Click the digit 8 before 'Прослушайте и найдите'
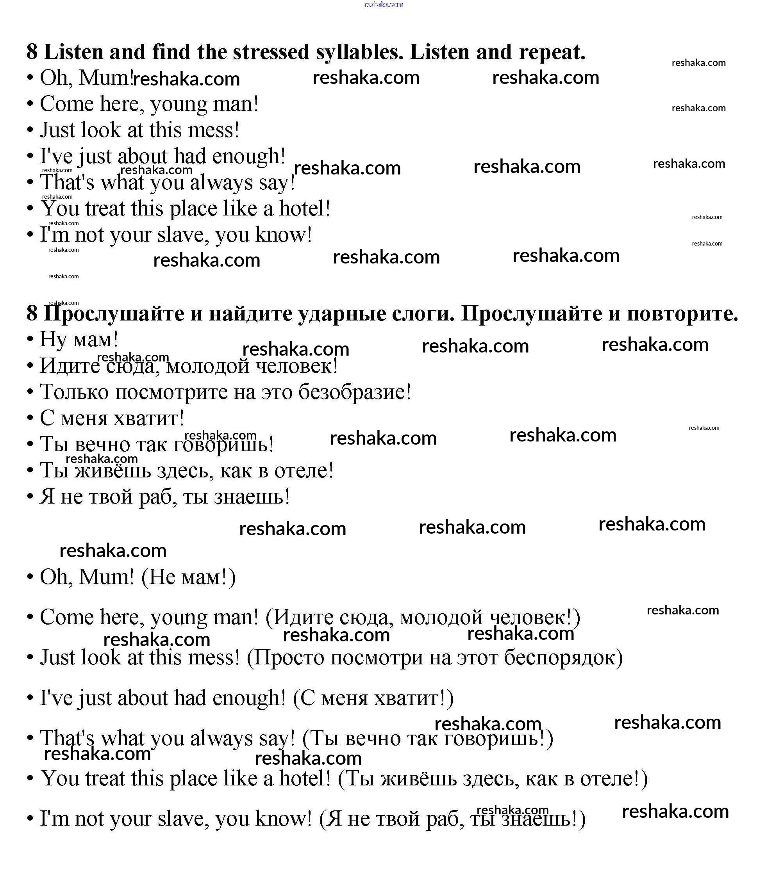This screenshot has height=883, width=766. [x=32, y=313]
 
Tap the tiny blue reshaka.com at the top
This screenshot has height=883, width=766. [x=383, y=5]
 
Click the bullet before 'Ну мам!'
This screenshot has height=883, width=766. [x=30, y=340]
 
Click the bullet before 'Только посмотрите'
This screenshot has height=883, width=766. [x=30, y=392]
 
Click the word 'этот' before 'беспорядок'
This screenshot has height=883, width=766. [x=477, y=658]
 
